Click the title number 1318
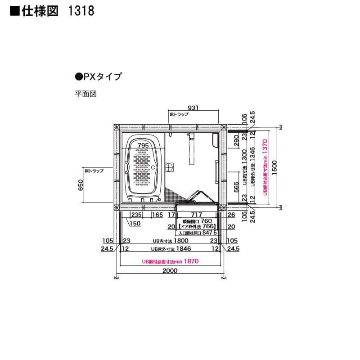(x=81, y=11)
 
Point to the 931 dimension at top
(x=193, y=108)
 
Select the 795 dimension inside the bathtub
(x=143, y=145)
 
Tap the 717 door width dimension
(x=196, y=216)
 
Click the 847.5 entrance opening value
(x=210, y=233)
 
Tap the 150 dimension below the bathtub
(x=135, y=224)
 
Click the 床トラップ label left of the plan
(x=94, y=171)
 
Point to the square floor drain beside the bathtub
(x=170, y=167)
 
